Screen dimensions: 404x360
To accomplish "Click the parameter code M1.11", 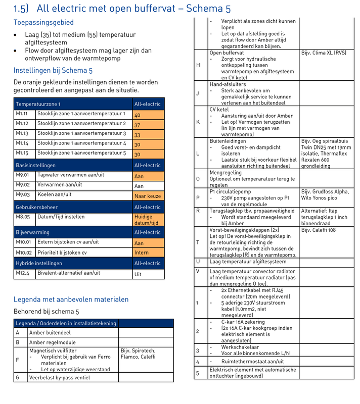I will click(22, 114).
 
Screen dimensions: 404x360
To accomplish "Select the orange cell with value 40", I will click(149, 115).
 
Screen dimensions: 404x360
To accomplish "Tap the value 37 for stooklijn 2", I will click(149, 125).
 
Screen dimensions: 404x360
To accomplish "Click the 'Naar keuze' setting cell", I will click(148, 196).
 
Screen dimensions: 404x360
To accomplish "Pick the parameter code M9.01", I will click(22, 176).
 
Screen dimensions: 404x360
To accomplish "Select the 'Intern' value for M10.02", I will click(149, 252).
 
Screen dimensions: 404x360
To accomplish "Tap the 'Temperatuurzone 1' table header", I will click(38, 104).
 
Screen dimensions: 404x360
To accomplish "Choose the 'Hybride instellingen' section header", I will click(39, 263).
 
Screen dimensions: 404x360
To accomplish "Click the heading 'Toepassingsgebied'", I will click(43, 23).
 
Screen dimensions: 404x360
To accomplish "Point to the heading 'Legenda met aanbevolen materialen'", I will click(71, 299).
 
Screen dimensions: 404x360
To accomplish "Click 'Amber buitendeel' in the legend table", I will click(50, 333).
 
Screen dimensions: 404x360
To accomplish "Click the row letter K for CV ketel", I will click(198, 122).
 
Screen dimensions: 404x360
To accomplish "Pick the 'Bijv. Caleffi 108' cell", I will click(319, 230).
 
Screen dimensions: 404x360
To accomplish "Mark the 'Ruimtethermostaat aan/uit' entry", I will click(252, 362).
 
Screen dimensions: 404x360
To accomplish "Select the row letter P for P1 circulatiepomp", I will click(198, 198).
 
